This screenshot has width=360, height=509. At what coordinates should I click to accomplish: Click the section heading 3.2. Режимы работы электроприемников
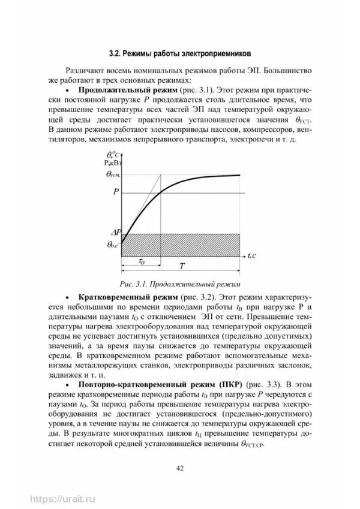click(181, 52)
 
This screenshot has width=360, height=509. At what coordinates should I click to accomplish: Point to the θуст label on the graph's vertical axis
click(112, 174)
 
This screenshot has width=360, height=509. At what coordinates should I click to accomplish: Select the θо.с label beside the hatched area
click(112, 245)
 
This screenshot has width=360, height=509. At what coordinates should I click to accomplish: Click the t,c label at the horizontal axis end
click(253, 255)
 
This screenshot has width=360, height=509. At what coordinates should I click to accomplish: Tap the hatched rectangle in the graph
click(181, 244)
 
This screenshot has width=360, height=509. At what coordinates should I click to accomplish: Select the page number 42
click(179, 468)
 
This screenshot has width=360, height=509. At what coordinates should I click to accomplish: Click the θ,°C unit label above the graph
click(111, 155)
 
